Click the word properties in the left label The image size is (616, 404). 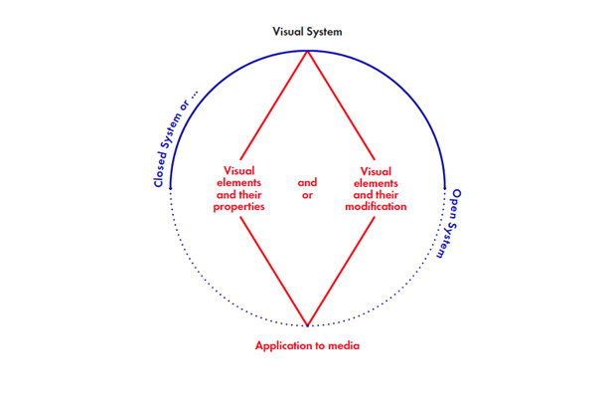point(239,206)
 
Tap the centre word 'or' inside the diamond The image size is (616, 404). point(307,194)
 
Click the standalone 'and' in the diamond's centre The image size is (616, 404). point(307,182)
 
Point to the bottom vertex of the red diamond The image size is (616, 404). point(308,325)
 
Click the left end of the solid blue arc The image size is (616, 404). point(171,186)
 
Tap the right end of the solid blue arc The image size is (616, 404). point(445,186)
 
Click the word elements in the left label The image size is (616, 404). point(239,182)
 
